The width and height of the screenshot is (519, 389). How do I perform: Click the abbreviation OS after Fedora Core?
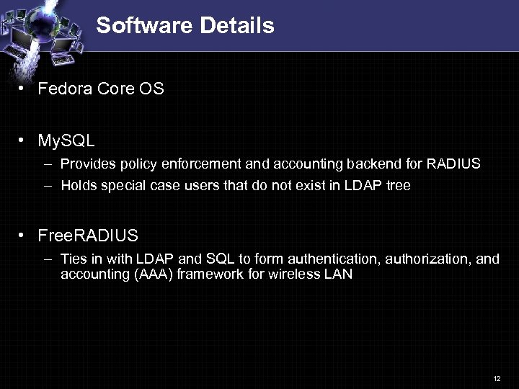(152, 89)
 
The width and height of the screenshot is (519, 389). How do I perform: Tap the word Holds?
(78, 186)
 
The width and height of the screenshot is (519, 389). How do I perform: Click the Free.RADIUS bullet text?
(87, 236)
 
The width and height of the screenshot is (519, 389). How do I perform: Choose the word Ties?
(74, 259)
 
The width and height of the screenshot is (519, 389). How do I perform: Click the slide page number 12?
(497, 378)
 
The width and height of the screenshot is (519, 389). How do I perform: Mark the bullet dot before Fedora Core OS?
(23, 89)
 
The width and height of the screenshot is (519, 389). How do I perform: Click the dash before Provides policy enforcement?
(48, 164)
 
